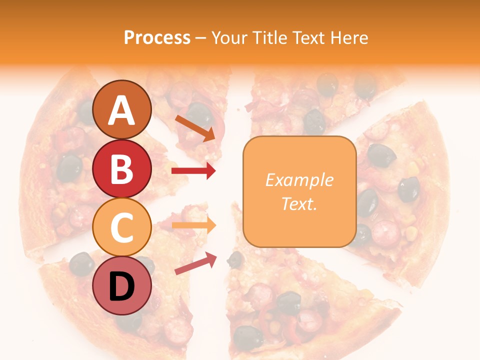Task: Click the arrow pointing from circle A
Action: pyautogui.click(x=195, y=127)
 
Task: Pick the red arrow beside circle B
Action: pyautogui.click(x=193, y=171)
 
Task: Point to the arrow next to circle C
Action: pyautogui.click(x=193, y=225)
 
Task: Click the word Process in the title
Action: pyautogui.click(x=157, y=37)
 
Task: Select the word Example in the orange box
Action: pyautogui.click(x=299, y=180)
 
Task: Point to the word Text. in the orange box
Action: pyautogui.click(x=299, y=203)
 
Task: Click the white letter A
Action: pyautogui.click(x=121, y=111)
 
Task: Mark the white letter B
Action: pyautogui.click(x=121, y=169)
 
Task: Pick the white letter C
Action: pyautogui.click(x=121, y=227)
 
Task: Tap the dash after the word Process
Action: pyautogui.click(x=201, y=38)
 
